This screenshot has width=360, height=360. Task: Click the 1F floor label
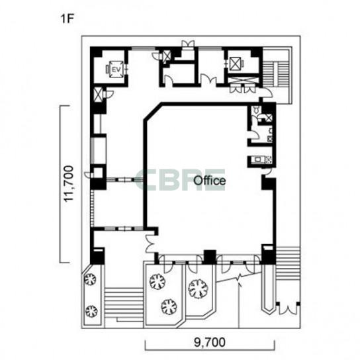click(x=67, y=19)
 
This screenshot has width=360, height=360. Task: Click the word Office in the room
click(x=209, y=181)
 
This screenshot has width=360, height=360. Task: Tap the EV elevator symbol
click(x=116, y=69)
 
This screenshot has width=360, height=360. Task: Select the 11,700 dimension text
click(x=69, y=184)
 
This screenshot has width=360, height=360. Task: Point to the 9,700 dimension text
click(x=209, y=343)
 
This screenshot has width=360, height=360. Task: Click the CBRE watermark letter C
click(x=144, y=180)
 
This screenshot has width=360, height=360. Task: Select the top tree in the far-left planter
click(x=90, y=279)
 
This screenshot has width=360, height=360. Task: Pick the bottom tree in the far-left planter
click(x=91, y=311)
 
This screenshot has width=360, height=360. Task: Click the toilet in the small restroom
click(x=255, y=110)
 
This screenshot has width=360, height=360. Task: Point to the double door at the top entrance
click(x=188, y=44)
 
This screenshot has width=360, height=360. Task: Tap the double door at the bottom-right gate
click(x=288, y=309)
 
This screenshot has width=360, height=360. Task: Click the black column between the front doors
click(x=210, y=257)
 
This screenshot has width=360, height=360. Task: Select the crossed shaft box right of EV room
click(x=167, y=56)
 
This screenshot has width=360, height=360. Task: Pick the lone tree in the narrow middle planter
click(x=198, y=289)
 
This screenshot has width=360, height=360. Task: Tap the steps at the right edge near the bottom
click(x=288, y=263)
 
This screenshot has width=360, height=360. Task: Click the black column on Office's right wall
click(x=269, y=183)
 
